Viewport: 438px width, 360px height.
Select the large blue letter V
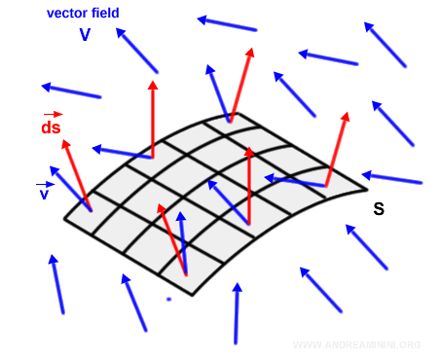pos(85,35)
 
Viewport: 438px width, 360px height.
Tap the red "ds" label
pos(52,128)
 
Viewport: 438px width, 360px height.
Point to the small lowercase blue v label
pos(44,195)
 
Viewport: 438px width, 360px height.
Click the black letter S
pos(379,209)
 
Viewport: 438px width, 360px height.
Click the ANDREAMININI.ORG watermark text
pos(356,345)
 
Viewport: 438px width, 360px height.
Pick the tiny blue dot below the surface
pos(168,299)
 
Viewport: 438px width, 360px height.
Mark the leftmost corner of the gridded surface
pos(64,218)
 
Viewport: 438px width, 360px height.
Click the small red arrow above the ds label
pos(52,114)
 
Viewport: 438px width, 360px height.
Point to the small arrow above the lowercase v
pos(44,184)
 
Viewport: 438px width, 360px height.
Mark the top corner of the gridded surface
pos(231,122)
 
